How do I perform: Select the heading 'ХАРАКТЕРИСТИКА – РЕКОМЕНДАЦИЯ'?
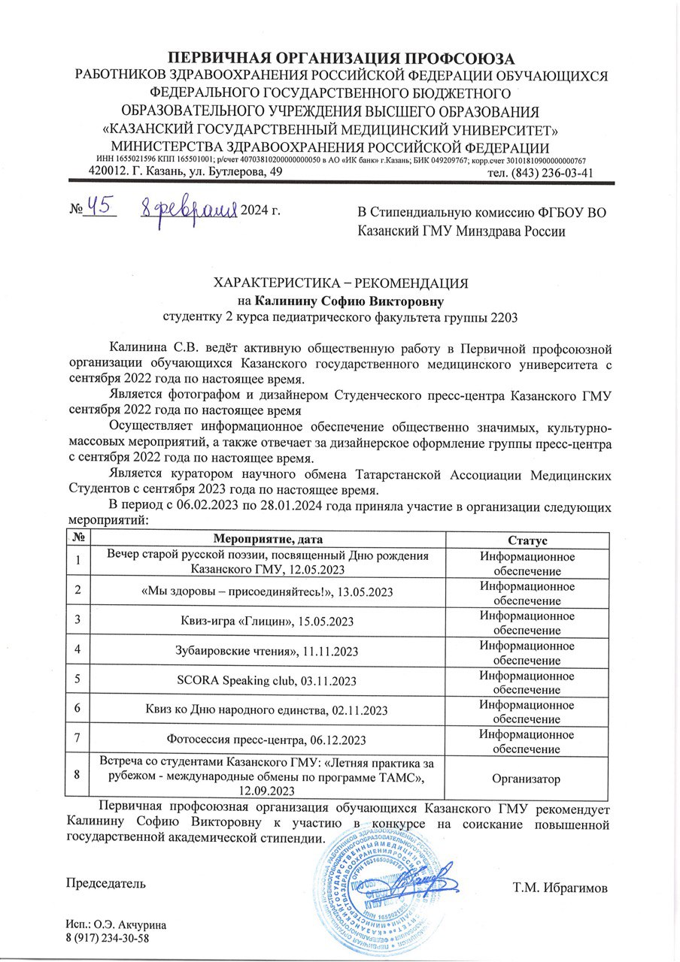point(342,283)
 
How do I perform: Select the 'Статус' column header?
point(527,540)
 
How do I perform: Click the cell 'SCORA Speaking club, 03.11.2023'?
point(268,680)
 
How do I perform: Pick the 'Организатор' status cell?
point(527,779)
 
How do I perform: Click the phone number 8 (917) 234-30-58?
point(108,939)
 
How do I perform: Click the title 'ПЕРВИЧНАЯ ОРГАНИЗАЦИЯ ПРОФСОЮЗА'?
point(341,59)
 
